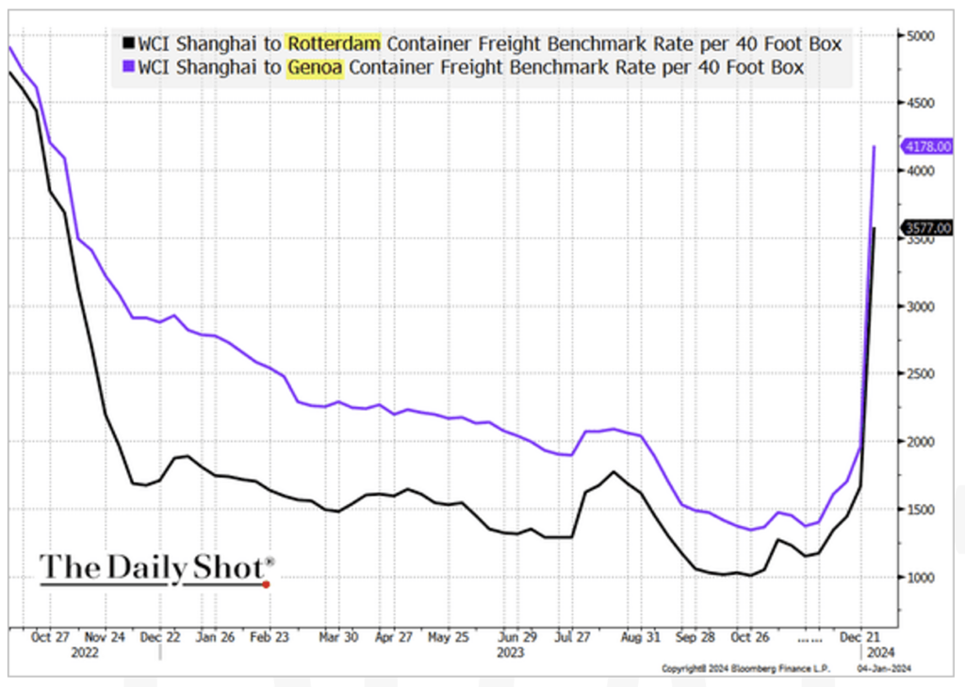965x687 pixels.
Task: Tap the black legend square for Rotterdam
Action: (127, 43)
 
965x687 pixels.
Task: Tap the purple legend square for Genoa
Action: (127, 68)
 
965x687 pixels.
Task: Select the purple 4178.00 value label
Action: (927, 146)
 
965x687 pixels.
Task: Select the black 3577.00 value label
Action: (927, 227)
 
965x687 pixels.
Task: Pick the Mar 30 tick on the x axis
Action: (338, 636)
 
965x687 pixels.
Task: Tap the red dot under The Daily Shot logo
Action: (267, 584)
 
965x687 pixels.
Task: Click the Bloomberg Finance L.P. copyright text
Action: (743, 668)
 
